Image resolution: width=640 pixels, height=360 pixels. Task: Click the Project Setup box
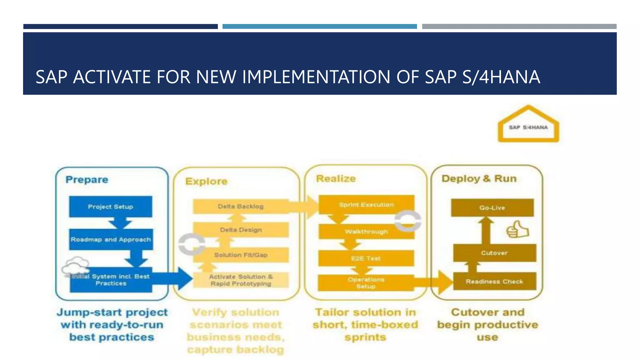111,207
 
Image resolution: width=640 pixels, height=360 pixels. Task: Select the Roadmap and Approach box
111,239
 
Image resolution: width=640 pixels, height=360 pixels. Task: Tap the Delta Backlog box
241,207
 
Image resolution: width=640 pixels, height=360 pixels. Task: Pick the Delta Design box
241,230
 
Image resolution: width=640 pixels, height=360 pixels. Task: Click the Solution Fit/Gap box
241,255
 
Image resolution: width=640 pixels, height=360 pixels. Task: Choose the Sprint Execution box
366,205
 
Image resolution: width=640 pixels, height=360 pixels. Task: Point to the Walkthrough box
366,232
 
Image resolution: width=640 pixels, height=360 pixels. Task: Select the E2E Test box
366,258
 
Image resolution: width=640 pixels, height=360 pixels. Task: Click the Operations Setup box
366,283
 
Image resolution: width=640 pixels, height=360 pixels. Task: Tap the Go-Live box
492,208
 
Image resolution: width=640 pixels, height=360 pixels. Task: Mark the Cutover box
494,253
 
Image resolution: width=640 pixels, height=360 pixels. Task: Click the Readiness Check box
494,281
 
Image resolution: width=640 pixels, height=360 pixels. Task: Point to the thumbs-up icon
517,230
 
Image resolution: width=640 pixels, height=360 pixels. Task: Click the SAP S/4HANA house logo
528,125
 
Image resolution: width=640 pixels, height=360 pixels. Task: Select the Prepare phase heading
87,180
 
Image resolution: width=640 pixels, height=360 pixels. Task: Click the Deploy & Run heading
479,178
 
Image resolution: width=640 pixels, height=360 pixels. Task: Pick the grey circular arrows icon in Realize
407,221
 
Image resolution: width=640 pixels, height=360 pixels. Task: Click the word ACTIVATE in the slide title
111,77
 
